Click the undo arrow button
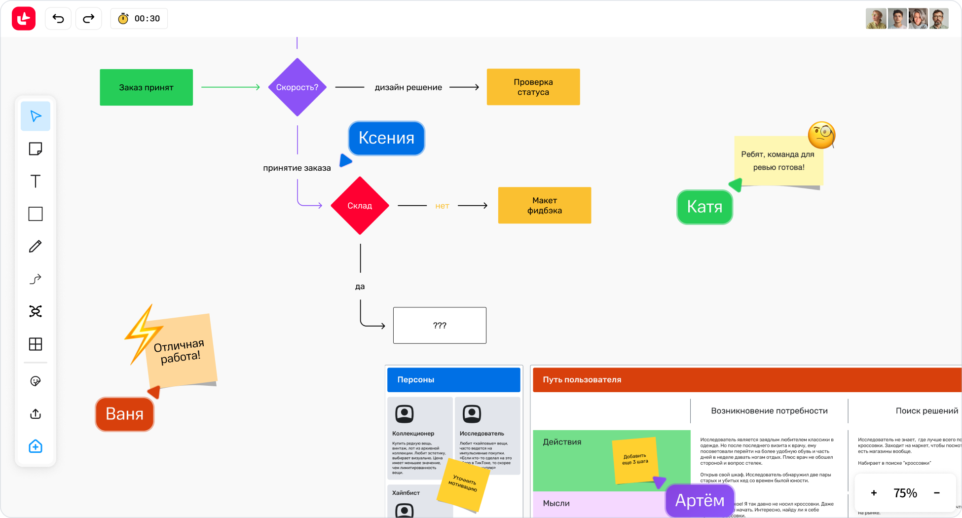click(x=58, y=19)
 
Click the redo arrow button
click(x=88, y=19)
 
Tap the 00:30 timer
click(x=139, y=19)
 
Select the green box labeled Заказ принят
click(x=146, y=87)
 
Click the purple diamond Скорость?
click(x=297, y=87)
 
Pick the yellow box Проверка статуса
click(x=533, y=87)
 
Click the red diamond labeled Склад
click(x=360, y=206)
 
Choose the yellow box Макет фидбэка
click(x=544, y=205)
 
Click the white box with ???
click(x=440, y=326)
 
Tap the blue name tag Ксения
click(x=386, y=138)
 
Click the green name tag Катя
click(x=704, y=207)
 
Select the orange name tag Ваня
click(x=124, y=414)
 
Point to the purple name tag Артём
click(x=700, y=500)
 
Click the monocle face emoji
click(x=821, y=135)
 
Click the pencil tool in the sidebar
click(x=36, y=246)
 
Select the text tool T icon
click(x=36, y=181)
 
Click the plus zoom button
click(x=874, y=493)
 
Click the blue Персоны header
click(x=453, y=380)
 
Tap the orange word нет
click(x=442, y=206)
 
